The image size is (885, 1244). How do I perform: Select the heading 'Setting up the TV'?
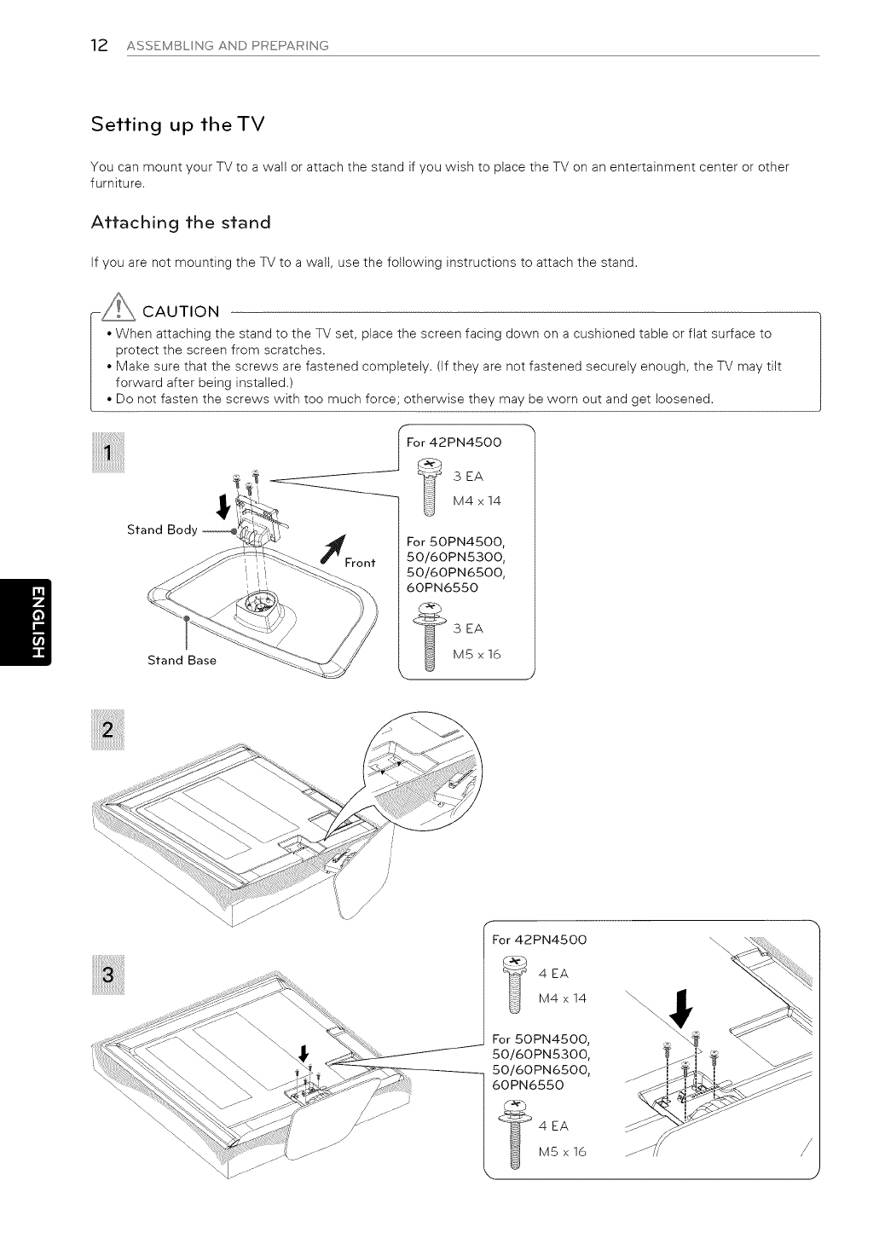tap(178, 124)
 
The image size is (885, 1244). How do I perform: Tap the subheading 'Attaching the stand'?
tap(181, 223)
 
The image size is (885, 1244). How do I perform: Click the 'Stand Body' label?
tap(162, 529)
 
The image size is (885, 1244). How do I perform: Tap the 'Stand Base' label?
tap(182, 660)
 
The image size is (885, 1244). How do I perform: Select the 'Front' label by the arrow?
tap(361, 563)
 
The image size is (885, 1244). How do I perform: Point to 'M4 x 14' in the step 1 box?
tap(477, 500)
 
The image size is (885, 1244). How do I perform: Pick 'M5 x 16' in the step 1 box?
tap(477, 654)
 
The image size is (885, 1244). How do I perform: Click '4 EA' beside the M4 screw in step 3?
tap(553, 974)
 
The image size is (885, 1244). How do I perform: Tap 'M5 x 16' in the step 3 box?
tap(563, 1153)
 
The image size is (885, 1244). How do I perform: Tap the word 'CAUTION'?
tap(181, 310)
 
